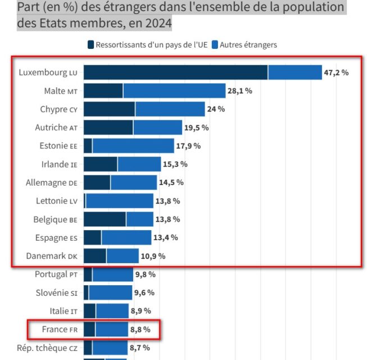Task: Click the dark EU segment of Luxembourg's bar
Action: [175, 73]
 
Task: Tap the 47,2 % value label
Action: [337, 73]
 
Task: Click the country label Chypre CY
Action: [58, 109]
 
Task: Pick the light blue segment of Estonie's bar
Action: [133, 146]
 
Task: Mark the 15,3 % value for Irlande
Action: [175, 164]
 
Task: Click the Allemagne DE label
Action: [51, 182]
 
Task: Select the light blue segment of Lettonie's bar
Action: [119, 201]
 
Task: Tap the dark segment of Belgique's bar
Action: [105, 219]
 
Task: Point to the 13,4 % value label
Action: [166, 237]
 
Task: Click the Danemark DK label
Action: [52, 256]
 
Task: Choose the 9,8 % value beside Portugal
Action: [144, 274]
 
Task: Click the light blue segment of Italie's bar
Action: [112, 311]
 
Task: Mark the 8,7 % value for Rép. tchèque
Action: [140, 348]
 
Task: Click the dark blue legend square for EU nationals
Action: [90, 44]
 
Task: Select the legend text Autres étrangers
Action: [248, 44]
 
